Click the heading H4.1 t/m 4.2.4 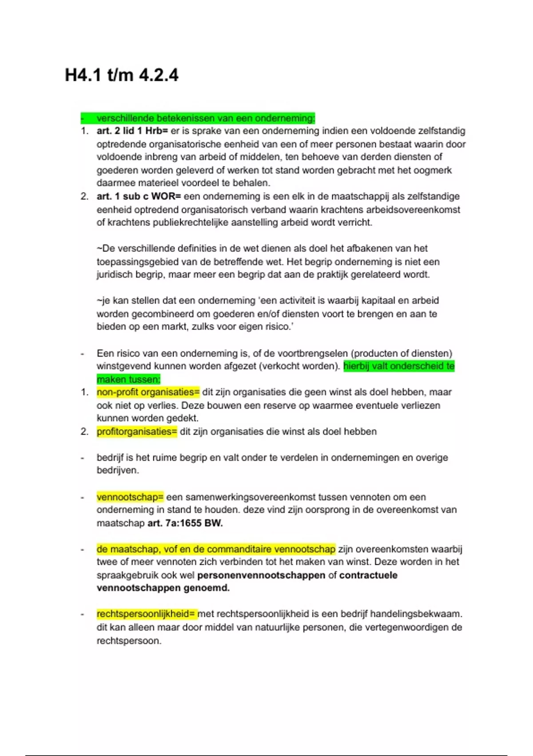[122, 75]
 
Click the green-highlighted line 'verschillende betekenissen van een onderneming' [205, 118]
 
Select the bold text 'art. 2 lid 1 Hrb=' [132, 131]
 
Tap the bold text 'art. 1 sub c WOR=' [139, 197]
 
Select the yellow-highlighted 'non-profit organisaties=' [148, 392]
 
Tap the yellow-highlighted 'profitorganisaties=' [137, 432]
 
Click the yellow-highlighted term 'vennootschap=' [130, 497]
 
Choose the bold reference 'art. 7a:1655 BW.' [185, 523]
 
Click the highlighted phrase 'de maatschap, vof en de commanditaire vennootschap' [216, 549]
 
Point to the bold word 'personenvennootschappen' [261, 575]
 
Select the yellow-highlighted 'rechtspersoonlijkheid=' [147, 614]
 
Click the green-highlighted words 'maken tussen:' [128, 379]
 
